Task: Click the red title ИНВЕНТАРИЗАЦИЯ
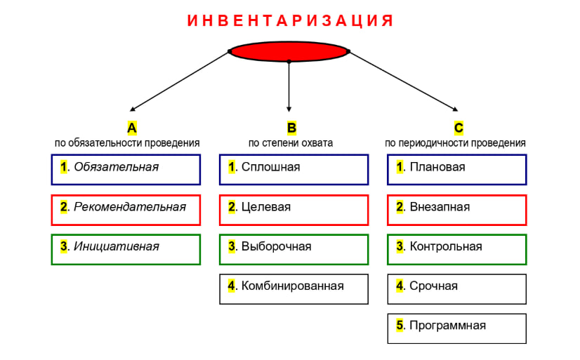tap(290, 21)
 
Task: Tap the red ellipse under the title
tap(289, 51)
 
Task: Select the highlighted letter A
tap(131, 128)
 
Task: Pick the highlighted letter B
tap(291, 128)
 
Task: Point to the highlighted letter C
tap(458, 128)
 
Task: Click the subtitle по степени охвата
tap(291, 142)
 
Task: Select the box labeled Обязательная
tap(126, 169)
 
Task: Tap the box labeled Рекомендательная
tap(126, 209)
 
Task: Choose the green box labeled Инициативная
tap(126, 249)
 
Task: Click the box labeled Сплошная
tap(294, 169)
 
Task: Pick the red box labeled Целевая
tap(294, 209)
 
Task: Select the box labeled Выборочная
tap(294, 249)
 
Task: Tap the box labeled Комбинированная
tap(294, 288)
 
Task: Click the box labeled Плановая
tap(456, 169)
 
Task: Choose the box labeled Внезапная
tap(456, 209)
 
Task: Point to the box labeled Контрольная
tap(456, 249)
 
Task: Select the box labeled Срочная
tap(456, 288)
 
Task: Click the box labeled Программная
tap(456, 328)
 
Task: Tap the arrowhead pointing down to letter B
tap(289, 108)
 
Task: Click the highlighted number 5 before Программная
tap(400, 326)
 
